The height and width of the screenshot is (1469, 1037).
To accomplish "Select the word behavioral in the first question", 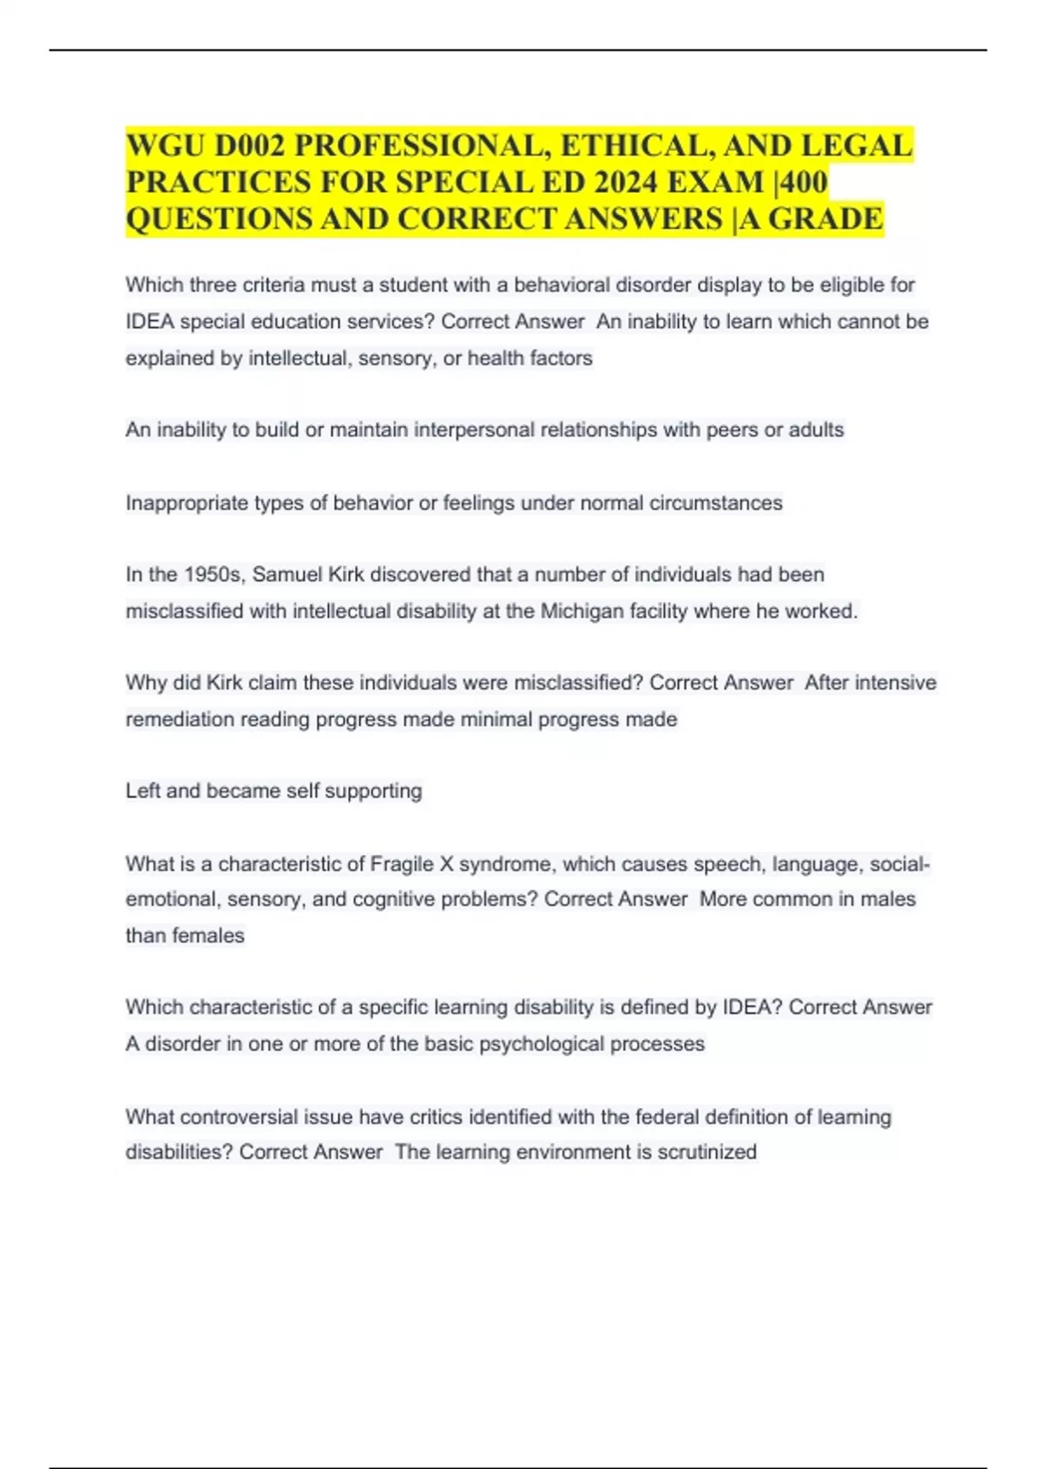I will [x=562, y=285].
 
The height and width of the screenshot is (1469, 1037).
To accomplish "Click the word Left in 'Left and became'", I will [x=143, y=791].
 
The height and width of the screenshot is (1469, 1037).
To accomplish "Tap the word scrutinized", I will [x=707, y=1152].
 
